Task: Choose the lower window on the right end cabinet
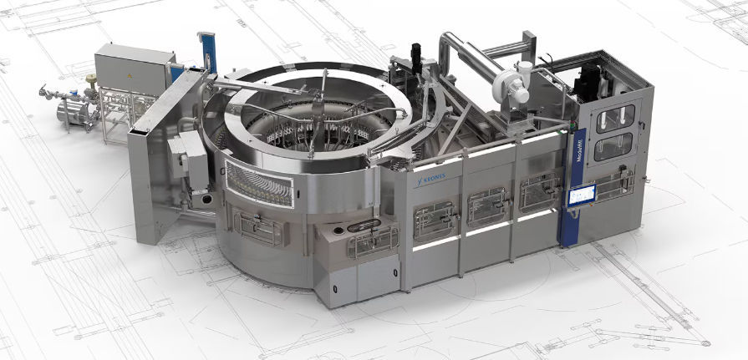pyautogui.click(x=613, y=148)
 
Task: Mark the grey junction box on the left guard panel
pyautogui.click(x=187, y=155)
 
